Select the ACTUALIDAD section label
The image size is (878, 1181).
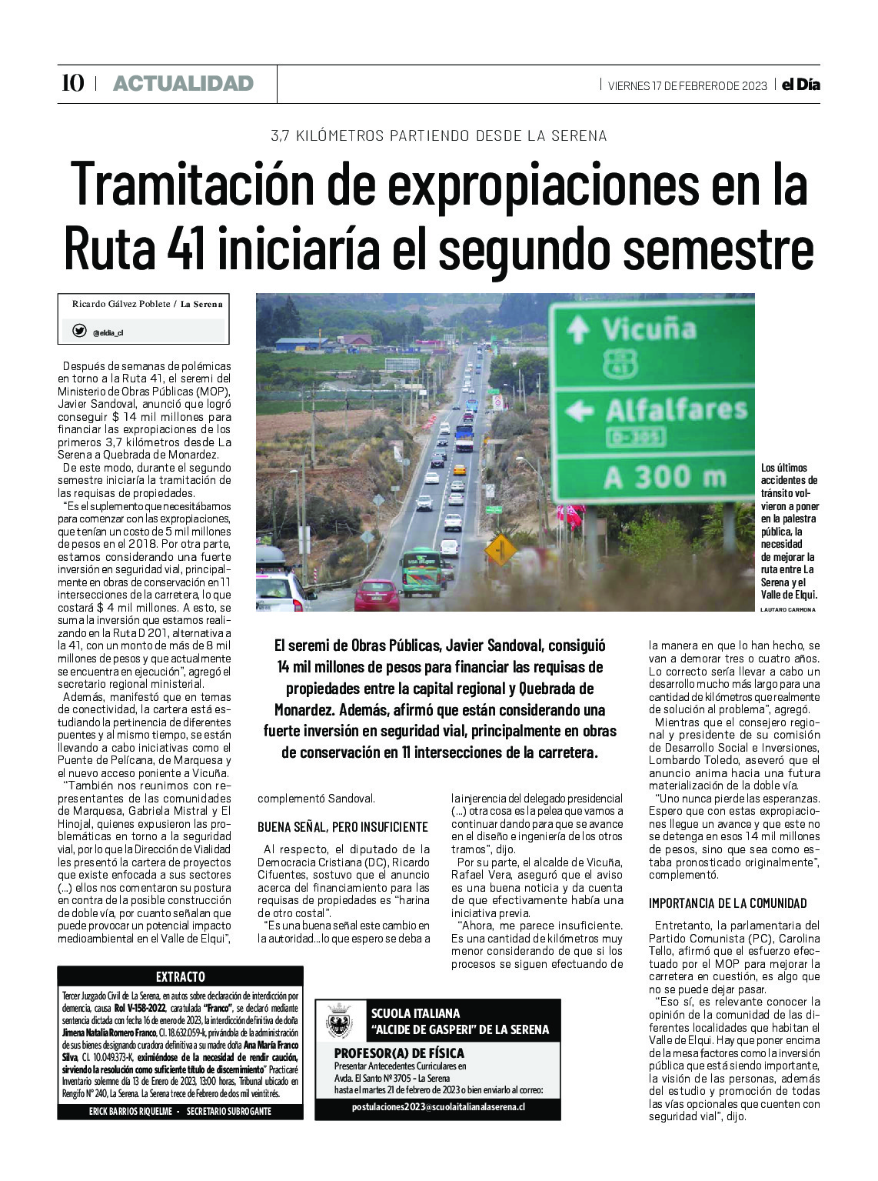tap(183, 83)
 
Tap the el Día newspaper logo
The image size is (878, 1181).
tap(800, 85)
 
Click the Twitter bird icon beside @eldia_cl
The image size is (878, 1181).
tap(79, 332)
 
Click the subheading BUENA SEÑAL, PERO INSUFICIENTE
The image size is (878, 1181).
tap(342, 827)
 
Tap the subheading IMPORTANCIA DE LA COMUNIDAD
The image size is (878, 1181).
tap(727, 903)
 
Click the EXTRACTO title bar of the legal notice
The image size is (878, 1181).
tap(180, 977)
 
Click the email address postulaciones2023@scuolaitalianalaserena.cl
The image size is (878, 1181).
tap(438, 1106)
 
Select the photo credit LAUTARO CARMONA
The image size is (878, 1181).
tap(787, 609)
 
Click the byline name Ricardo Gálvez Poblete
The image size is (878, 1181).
tap(122, 304)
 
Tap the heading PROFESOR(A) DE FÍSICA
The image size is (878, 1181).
tap(399, 1053)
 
